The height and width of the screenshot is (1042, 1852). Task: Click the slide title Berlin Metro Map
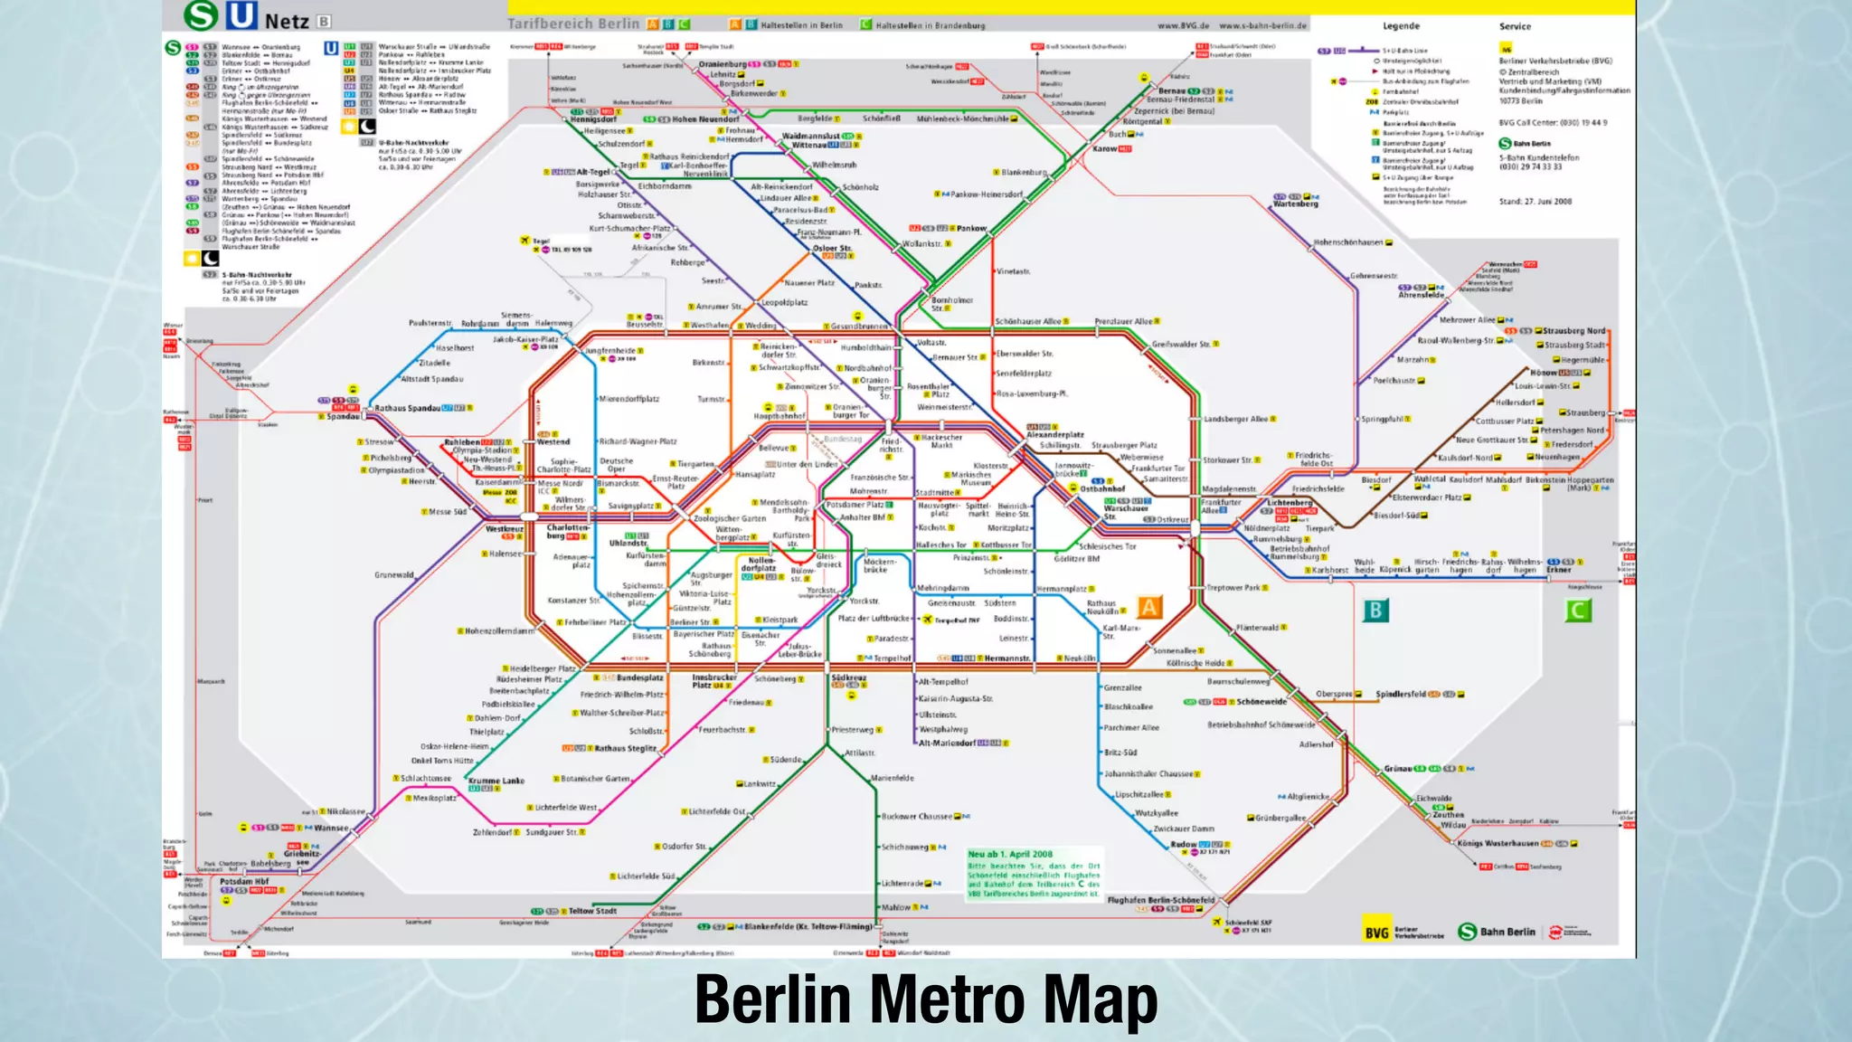926,999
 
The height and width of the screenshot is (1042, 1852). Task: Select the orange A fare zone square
1148,607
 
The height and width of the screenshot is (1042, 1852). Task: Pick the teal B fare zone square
1375,611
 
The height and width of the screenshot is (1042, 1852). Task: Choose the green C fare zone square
1578,611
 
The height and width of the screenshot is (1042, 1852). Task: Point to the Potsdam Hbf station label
244,881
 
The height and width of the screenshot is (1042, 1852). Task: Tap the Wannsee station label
331,828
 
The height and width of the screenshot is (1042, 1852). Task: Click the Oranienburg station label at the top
723,64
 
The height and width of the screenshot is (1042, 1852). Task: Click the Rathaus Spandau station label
408,409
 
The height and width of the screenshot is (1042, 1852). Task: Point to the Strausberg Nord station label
1574,331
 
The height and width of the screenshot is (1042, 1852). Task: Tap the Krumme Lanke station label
496,780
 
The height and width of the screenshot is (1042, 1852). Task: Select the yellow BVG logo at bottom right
1376,933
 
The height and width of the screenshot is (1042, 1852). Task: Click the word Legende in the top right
1401,26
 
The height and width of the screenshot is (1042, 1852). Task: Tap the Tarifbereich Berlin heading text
573,24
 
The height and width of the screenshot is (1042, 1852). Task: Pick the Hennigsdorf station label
593,119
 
